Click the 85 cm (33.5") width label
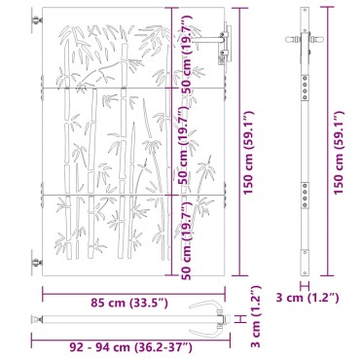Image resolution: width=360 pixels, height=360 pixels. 129,303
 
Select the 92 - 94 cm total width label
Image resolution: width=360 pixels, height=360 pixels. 131,347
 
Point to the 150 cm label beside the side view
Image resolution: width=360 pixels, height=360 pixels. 339,153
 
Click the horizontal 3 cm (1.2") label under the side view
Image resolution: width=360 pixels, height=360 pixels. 307,298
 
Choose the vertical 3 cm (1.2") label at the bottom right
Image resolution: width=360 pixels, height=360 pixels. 256,316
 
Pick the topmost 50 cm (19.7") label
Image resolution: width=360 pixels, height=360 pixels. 188,54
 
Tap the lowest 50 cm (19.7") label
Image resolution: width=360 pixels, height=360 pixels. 188,240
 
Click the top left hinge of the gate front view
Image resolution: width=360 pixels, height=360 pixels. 37,20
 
